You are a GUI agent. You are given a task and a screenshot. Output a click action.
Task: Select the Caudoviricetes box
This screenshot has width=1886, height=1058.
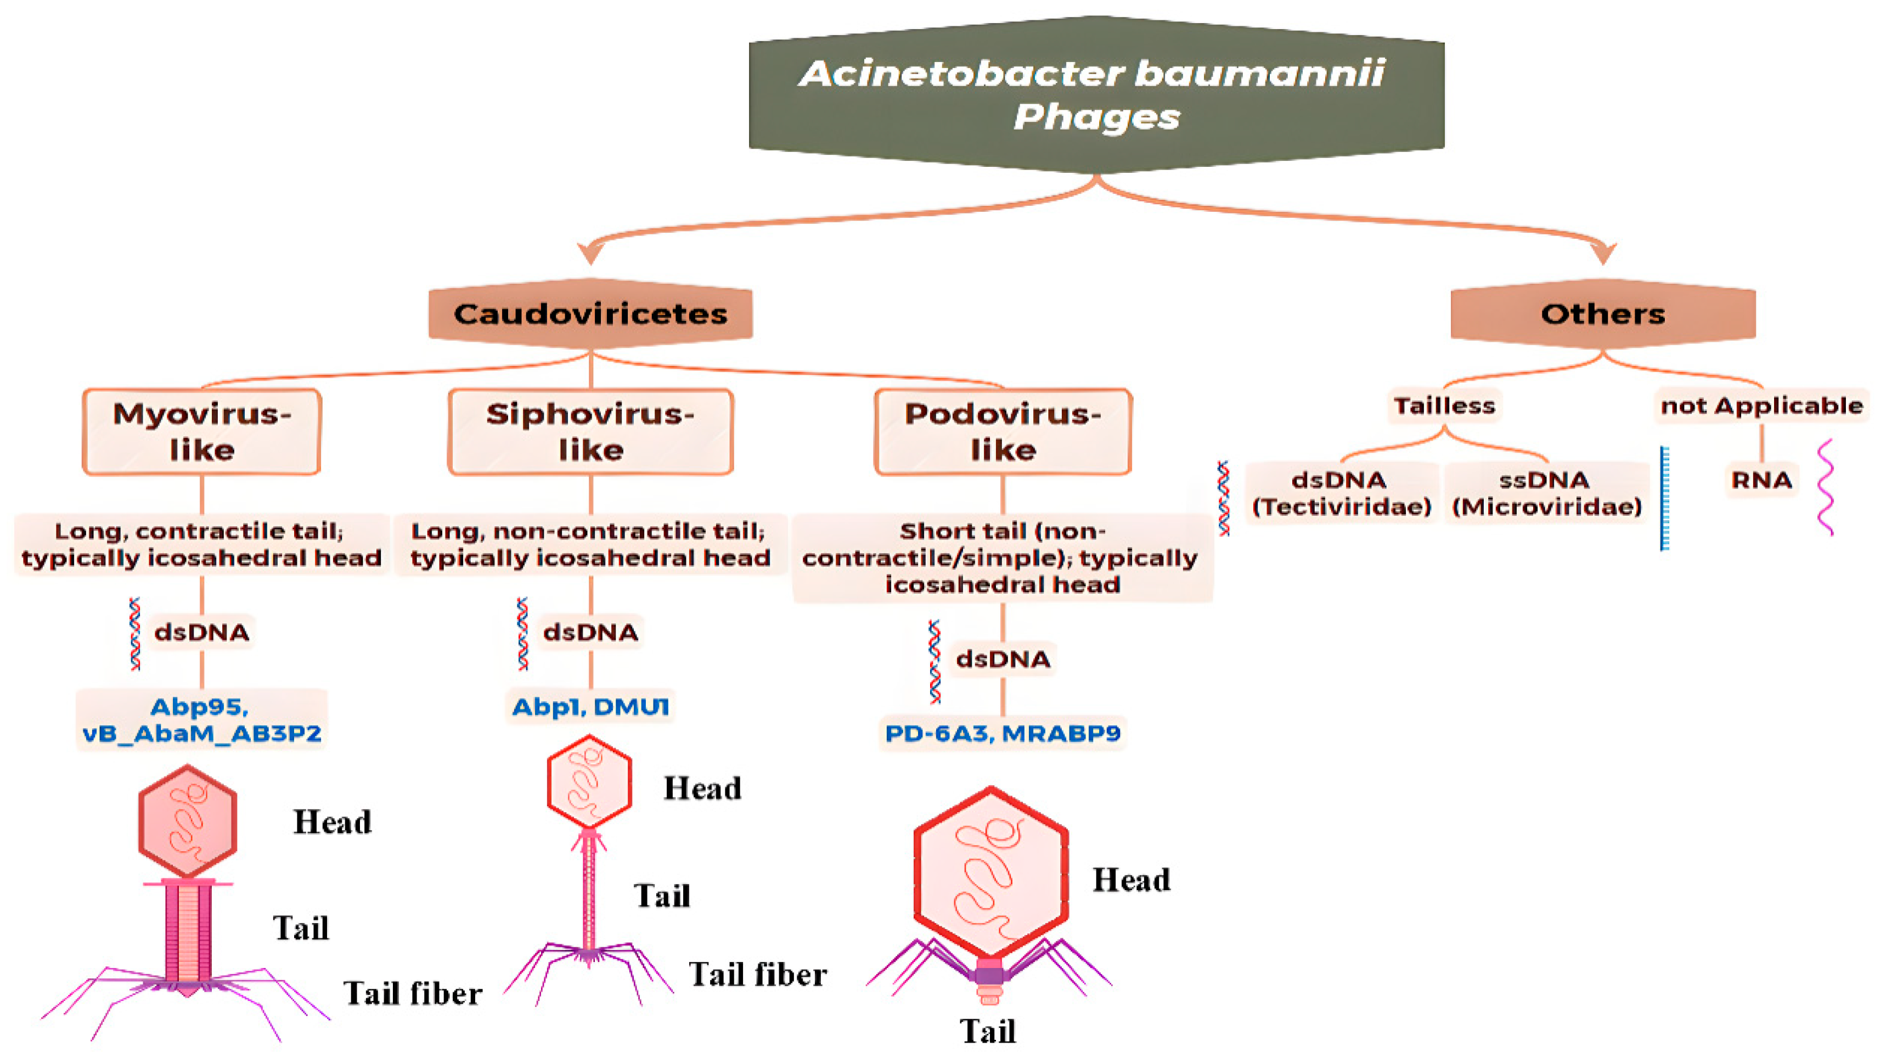tap(590, 313)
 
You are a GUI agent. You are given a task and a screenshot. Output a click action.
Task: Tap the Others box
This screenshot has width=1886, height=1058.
tap(1603, 313)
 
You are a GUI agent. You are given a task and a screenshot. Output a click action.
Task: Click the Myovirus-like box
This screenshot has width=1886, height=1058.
tap(201, 431)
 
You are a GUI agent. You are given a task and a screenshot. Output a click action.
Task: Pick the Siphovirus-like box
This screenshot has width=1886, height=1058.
tap(590, 431)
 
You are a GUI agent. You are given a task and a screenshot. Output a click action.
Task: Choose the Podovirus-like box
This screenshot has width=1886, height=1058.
tap(1003, 431)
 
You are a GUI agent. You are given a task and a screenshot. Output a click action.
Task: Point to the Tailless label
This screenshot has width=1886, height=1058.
tap(1444, 406)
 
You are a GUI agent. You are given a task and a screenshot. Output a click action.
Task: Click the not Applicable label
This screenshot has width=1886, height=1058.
tap(1761, 406)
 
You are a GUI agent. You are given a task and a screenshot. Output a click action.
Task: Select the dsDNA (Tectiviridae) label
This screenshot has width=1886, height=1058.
tap(1341, 493)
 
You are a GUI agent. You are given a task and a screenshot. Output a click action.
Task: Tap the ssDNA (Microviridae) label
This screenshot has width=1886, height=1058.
tap(1546, 493)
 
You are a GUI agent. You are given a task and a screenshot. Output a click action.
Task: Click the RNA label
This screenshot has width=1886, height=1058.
tap(1761, 480)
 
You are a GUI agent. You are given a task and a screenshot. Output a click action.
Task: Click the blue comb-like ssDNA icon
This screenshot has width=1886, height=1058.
tap(1664, 498)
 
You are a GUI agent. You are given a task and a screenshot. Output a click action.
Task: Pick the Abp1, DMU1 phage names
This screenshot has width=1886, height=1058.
tap(590, 707)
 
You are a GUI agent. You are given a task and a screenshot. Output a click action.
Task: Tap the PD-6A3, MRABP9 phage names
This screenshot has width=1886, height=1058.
tap(1003, 733)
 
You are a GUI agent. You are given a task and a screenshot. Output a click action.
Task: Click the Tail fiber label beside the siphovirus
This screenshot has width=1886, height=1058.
tap(758, 975)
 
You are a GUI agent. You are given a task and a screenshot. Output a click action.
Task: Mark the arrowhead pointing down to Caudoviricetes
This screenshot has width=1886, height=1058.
tap(590, 252)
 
